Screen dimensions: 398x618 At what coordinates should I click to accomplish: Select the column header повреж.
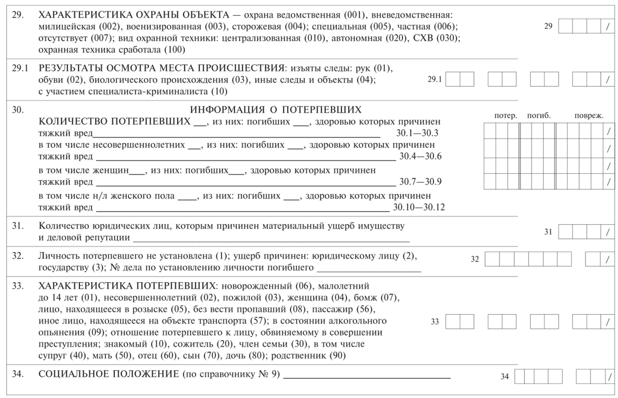coord(589,115)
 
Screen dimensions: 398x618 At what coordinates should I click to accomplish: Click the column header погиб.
coord(539,115)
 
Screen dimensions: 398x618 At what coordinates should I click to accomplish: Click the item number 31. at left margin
coord(18,225)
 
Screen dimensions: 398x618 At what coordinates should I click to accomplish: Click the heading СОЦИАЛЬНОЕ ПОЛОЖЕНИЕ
coord(109,375)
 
